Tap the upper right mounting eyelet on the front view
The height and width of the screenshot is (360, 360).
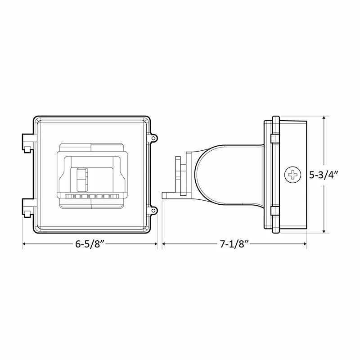point(153,138)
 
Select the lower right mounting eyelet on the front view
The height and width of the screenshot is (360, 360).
point(153,210)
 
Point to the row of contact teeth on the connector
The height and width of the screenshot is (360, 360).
point(92,197)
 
